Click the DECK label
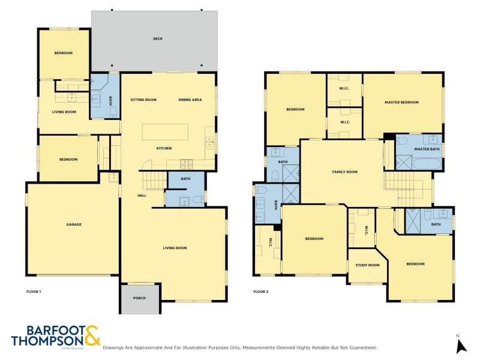[x=158, y=39]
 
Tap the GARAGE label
[x=74, y=225]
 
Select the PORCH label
[x=140, y=298]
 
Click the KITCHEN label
[x=164, y=148]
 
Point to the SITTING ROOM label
[x=143, y=100]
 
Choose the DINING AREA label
[x=190, y=100]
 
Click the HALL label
[x=142, y=196]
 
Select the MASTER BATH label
[x=427, y=149]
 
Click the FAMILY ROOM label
[x=345, y=172]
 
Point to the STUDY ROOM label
[x=368, y=265]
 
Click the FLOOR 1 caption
[x=34, y=292]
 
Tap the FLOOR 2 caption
[x=260, y=292]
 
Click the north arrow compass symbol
[x=461, y=346]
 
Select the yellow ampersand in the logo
[x=92, y=335]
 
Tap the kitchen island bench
[x=164, y=131]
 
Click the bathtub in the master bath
[x=427, y=163]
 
